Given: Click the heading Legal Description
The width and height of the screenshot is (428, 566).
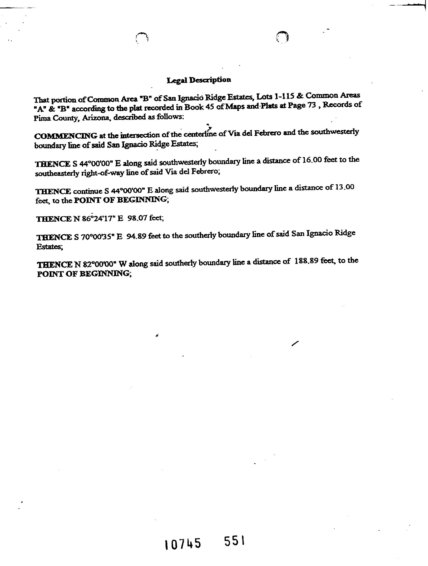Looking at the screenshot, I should (199, 80).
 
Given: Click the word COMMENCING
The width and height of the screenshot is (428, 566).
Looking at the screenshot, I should (66, 136).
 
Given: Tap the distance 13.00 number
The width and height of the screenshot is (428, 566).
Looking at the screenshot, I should (344, 187).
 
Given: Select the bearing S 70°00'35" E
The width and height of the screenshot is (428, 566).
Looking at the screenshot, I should (98, 237).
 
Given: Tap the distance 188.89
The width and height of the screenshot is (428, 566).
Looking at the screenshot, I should (306, 261).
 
